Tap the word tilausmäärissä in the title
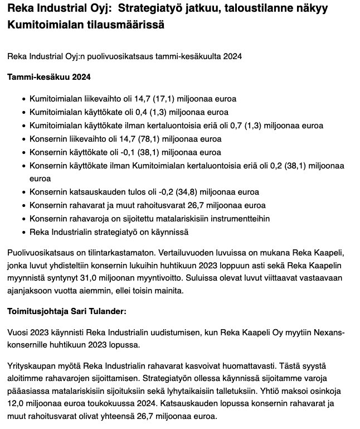pyautogui.click(x=132, y=25)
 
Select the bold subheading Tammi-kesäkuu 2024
pyautogui.click(x=48, y=76)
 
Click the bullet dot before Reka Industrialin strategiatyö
pyautogui.click(x=23, y=232)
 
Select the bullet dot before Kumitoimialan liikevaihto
pyautogui.click(x=23, y=99)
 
